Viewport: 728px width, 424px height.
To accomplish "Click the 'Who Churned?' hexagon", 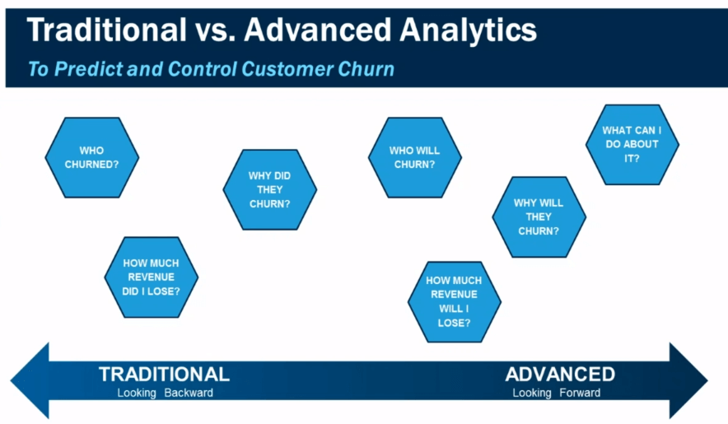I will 91,157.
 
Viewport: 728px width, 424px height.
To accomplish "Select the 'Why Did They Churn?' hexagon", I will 269,189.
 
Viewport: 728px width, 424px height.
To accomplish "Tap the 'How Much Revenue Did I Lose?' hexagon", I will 151,277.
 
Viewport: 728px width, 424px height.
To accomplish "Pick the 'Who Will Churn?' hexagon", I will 414,157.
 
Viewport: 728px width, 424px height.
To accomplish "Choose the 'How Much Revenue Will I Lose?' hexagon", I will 454,302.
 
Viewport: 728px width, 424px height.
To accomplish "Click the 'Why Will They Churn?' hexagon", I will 539,217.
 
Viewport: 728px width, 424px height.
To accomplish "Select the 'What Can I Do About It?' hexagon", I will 632,144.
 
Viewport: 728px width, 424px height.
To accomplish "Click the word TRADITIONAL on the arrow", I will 164,374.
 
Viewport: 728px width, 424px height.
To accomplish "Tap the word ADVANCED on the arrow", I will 560,374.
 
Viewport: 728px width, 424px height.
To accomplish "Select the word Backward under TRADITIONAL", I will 189,393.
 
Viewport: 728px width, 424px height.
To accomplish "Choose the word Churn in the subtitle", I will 365,68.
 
